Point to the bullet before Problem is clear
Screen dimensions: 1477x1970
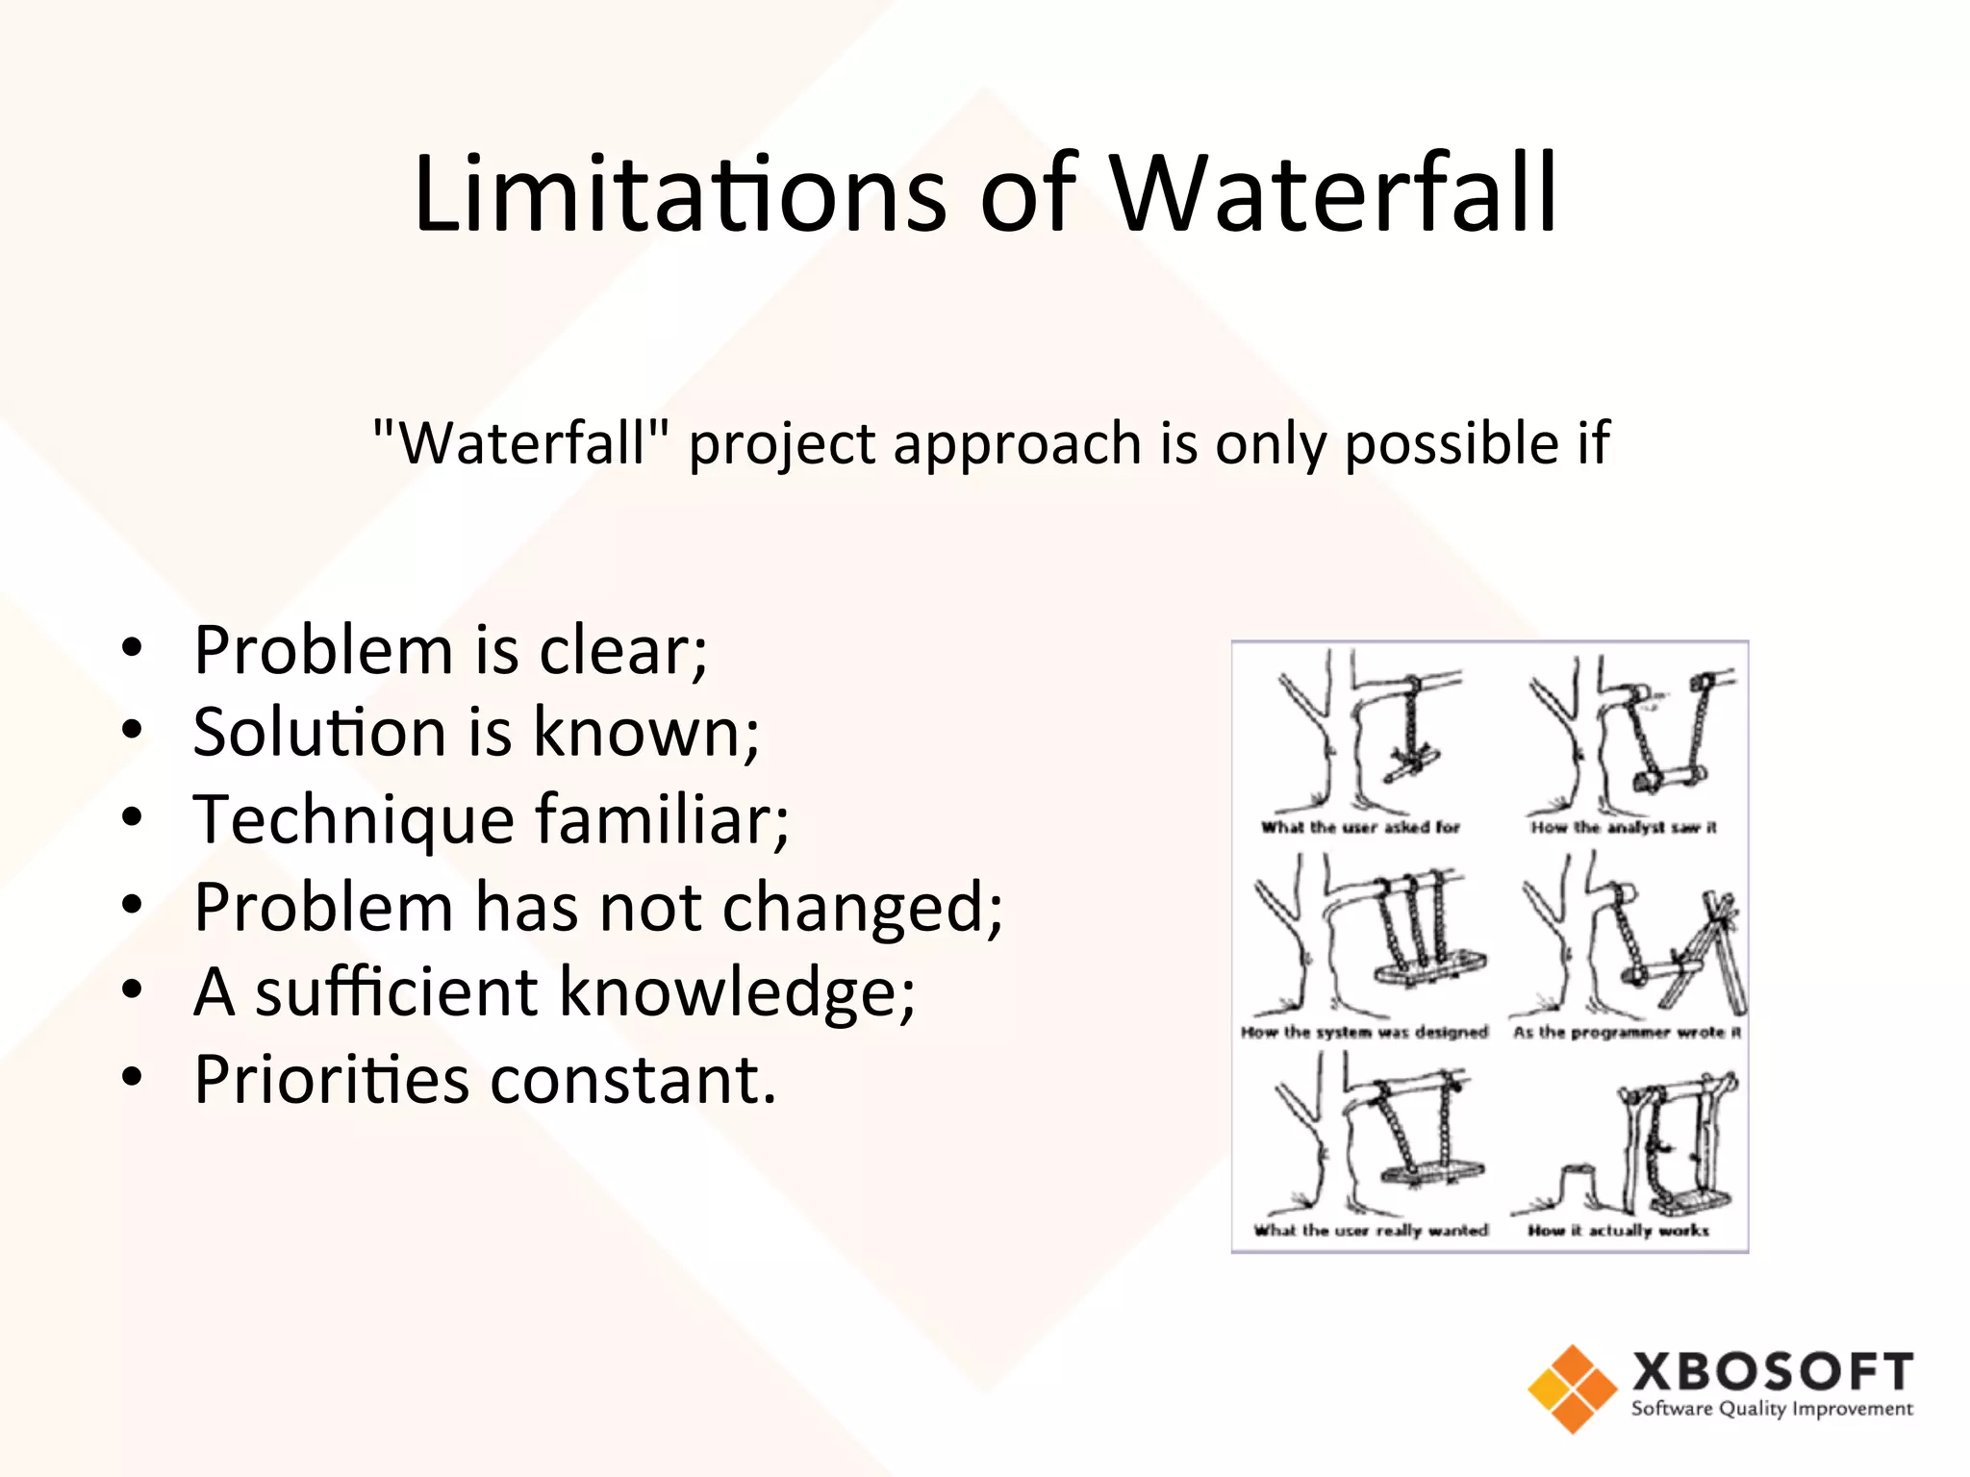tap(133, 648)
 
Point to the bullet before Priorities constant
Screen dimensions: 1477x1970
tap(133, 1078)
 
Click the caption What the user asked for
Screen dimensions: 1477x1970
tap(1360, 827)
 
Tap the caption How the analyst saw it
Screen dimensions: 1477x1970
tap(1624, 827)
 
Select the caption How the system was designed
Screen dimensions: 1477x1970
tap(1364, 1033)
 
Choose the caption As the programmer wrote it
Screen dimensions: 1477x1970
tap(1627, 1033)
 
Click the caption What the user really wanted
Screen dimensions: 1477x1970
tap(1371, 1230)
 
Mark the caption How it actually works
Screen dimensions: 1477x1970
tap(1618, 1230)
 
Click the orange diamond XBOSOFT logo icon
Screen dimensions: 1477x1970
tap(1572, 1389)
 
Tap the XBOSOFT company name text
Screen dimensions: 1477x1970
tap(1772, 1371)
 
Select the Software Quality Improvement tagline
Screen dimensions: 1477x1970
tap(1772, 1410)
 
